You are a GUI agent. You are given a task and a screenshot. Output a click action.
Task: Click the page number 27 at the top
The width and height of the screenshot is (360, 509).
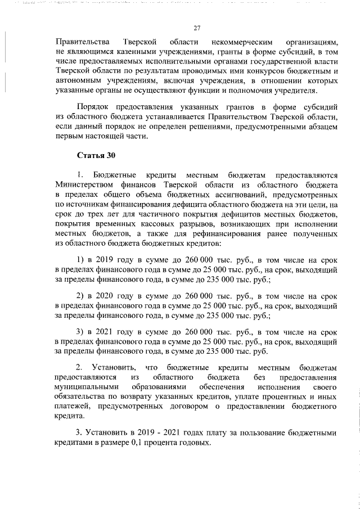[197, 28]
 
